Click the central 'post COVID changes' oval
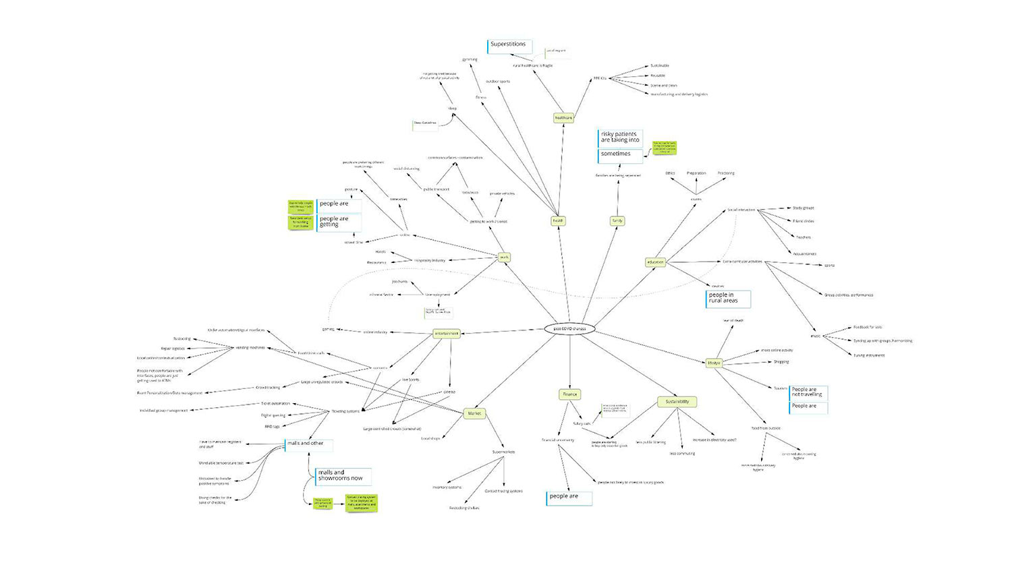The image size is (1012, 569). coord(569,329)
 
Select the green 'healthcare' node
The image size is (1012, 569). coord(563,118)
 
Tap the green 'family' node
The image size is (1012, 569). coord(617,220)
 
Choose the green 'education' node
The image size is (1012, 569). coord(655,262)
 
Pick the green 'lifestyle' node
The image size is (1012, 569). coord(714,363)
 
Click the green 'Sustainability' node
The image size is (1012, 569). coord(677,402)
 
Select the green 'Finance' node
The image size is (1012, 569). coord(570,394)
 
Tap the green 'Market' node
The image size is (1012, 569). coord(474,413)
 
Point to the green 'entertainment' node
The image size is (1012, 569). coord(446,333)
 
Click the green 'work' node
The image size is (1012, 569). coord(504,257)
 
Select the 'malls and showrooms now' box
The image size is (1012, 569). coord(343,476)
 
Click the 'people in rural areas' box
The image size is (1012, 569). coord(727,298)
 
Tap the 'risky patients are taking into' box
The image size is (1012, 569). coord(620,138)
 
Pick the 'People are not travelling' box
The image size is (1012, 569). coord(808,392)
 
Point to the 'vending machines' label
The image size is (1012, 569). coord(250,348)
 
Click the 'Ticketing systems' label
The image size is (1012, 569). coord(345,411)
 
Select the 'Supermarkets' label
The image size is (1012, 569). coord(503,452)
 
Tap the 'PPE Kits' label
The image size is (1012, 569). coord(599,78)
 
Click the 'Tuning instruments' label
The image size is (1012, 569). coord(869,355)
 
